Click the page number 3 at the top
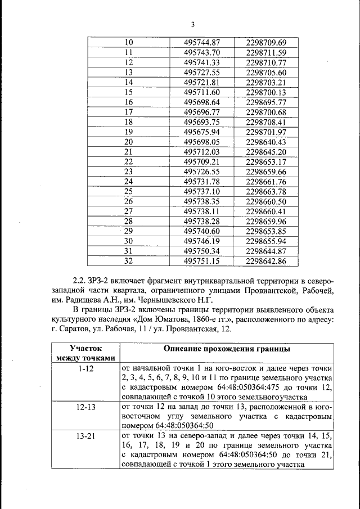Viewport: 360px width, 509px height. [192, 25]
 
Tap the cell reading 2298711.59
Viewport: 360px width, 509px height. [267, 53]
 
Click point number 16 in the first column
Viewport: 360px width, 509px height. [128, 102]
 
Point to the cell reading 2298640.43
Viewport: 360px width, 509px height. [267, 142]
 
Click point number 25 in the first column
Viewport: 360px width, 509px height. [128, 191]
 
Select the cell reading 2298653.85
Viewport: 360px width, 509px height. [267, 231]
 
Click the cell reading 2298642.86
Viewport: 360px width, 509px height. [267, 261]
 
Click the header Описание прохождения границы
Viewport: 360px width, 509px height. [227, 349]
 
